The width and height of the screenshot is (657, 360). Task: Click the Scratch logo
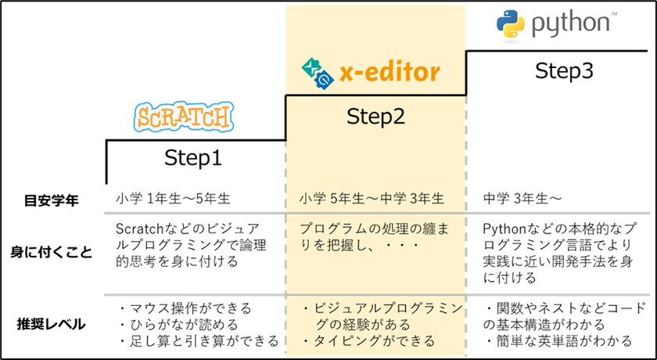pos(184,116)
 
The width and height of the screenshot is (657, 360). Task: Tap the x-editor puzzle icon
pos(318,73)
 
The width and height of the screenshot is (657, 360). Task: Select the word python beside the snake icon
pos(570,24)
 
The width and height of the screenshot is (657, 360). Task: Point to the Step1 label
pos(192,158)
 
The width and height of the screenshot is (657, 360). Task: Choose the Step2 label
pos(375,117)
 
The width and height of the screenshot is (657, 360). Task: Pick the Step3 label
pos(564,71)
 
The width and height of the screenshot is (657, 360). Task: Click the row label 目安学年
pos(51,201)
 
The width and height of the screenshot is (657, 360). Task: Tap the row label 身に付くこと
pos(51,253)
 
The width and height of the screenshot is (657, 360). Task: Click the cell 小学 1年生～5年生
pos(173,199)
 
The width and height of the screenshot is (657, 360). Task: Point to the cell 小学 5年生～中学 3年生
pos(372,199)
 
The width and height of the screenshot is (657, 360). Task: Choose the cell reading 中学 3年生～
pos(522,199)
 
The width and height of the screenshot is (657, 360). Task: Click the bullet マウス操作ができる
pos(185,309)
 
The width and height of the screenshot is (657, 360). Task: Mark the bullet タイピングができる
pos(368,340)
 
